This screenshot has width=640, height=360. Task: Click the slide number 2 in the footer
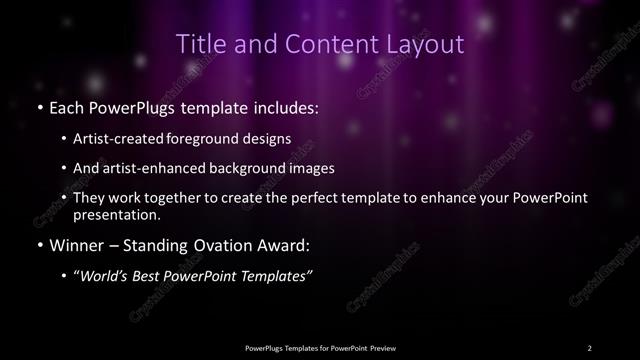(589, 347)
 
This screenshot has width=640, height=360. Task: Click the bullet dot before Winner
(39, 245)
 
